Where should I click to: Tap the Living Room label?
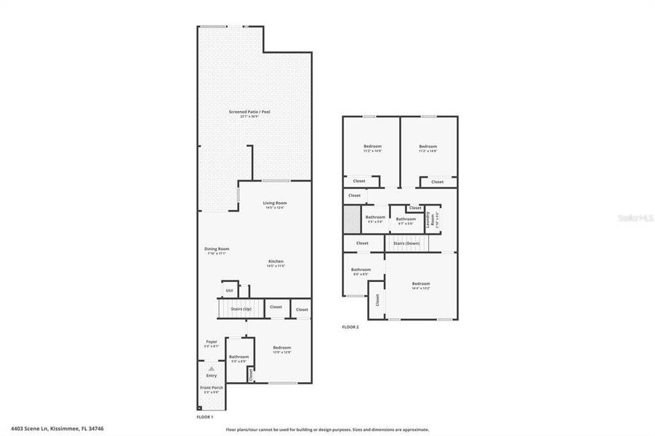[275, 203]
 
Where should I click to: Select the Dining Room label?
[217, 249]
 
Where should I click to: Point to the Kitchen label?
[276, 261]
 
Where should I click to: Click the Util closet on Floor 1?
[229, 290]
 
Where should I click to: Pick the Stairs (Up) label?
[241, 309]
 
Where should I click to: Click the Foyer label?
[212, 342]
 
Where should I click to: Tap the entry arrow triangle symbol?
[212, 368]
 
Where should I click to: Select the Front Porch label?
[212, 388]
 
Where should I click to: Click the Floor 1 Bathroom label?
[239, 357]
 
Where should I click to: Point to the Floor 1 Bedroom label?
[282, 347]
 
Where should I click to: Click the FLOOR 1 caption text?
[205, 417]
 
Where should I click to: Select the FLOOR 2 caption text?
[350, 327]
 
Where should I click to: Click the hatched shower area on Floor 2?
[351, 218]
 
